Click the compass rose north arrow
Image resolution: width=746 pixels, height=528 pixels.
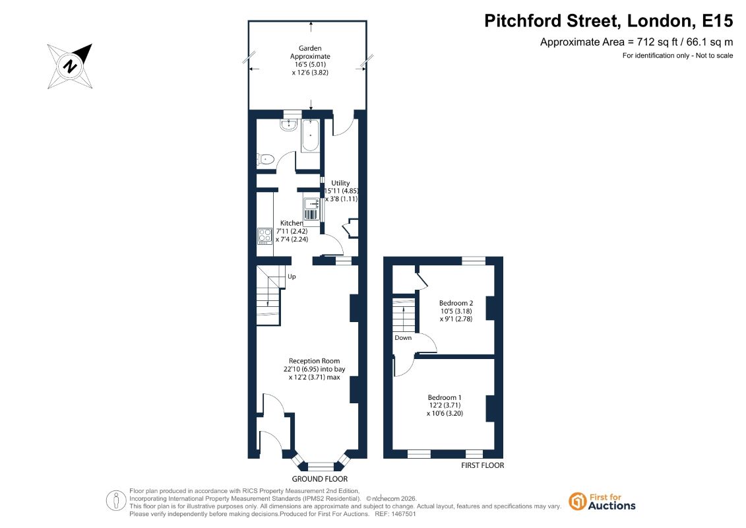click(x=70, y=66)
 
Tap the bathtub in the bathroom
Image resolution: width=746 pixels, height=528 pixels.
click(x=310, y=136)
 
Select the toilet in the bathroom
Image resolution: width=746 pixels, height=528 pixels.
click(x=264, y=159)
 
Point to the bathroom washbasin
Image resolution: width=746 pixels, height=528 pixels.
click(x=289, y=125)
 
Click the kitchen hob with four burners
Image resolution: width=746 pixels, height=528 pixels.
click(x=264, y=236)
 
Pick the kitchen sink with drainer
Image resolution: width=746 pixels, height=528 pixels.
click(x=311, y=209)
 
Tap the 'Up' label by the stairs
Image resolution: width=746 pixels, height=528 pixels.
click(x=292, y=277)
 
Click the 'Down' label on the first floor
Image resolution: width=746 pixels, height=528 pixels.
click(x=403, y=337)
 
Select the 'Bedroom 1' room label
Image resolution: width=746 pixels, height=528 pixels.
click(x=445, y=397)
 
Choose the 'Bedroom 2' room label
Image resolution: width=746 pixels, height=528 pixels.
click(x=456, y=303)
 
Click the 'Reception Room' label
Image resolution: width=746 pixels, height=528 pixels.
click(x=314, y=361)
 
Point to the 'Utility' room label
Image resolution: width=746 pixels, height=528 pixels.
click(x=340, y=183)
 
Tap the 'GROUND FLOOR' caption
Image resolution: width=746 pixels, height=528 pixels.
click(x=320, y=479)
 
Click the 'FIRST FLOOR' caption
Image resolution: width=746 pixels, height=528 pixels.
click(x=482, y=465)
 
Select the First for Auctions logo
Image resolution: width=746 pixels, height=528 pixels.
click(x=602, y=502)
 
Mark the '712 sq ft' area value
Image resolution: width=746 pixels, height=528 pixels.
click(x=657, y=42)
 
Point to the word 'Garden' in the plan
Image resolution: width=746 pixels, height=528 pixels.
click(x=310, y=48)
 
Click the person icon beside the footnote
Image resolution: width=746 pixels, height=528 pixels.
click(x=116, y=501)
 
